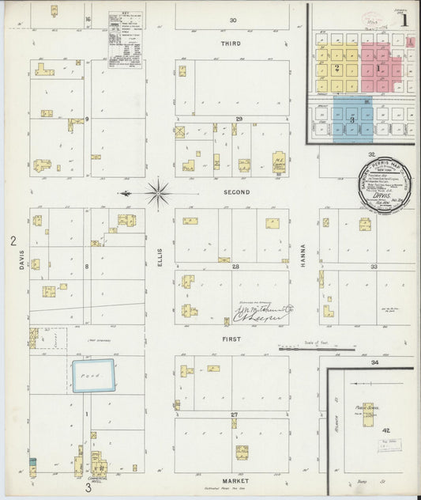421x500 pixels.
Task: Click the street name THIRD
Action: click(x=231, y=44)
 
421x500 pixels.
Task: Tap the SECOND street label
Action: click(x=235, y=192)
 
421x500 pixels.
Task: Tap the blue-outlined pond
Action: click(x=94, y=377)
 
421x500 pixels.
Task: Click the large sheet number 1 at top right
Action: click(x=404, y=22)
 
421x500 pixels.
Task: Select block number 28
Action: click(x=235, y=267)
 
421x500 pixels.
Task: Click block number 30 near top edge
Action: click(x=233, y=20)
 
